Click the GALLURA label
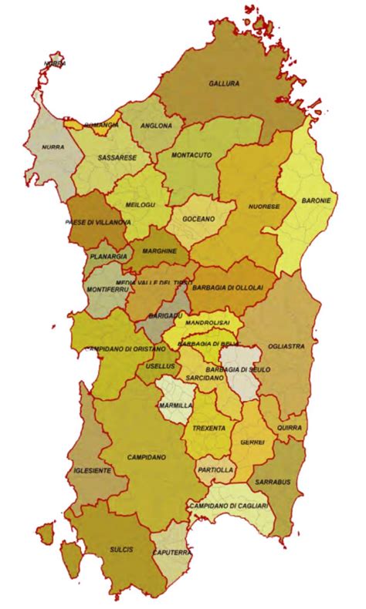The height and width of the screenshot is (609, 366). (224, 83)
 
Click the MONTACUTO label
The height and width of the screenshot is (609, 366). (191, 155)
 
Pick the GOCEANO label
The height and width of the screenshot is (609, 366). (198, 219)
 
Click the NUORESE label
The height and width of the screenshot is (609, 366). (264, 207)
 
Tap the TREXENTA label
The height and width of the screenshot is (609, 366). (208, 427)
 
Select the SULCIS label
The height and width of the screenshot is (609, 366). (122, 549)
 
